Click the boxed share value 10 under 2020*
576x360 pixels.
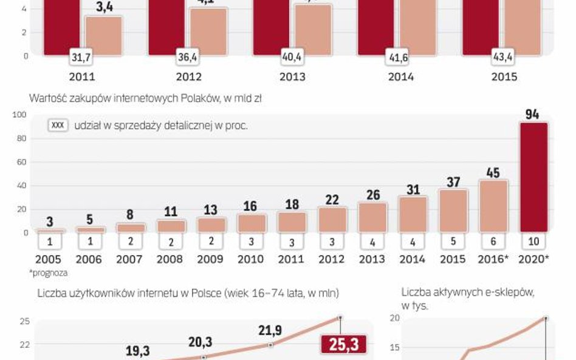click(533, 242)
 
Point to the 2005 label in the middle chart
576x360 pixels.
click(49, 259)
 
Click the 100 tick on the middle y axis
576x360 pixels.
click(19, 115)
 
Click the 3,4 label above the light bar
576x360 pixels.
click(104, 8)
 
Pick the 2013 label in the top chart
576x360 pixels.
click(292, 77)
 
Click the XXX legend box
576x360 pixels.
click(58, 126)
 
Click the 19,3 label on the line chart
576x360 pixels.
click(138, 351)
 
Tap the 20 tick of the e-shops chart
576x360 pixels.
click(394, 318)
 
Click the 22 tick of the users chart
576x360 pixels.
click(24, 345)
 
